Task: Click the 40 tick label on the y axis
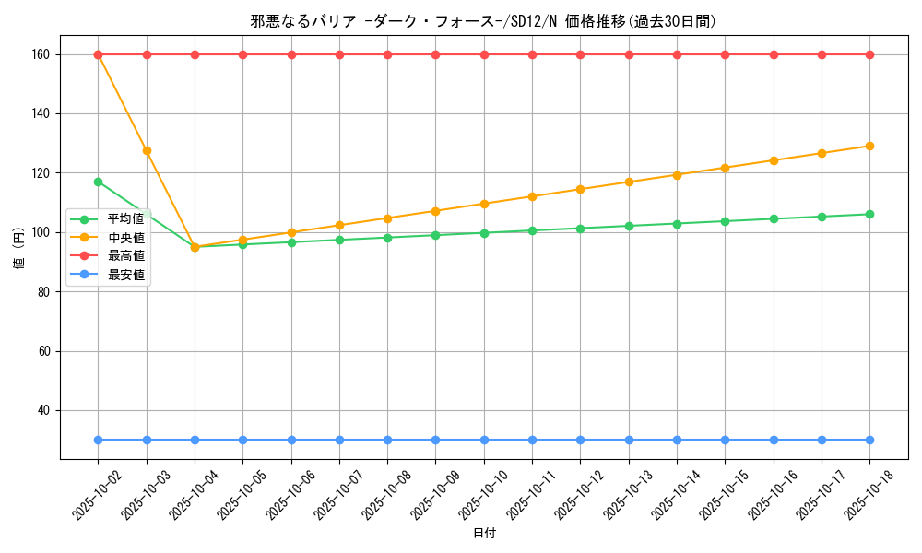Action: coord(42,410)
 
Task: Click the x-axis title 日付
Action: coord(484,534)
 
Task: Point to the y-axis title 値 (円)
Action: coord(18,249)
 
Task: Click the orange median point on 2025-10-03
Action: coord(147,150)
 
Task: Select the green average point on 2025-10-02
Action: coord(99,182)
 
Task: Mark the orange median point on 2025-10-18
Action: coord(869,146)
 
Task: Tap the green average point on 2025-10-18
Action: coord(869,214)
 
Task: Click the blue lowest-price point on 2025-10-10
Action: coord(484,440)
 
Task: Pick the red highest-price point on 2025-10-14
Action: coord(677,54)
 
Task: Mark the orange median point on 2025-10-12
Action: coord(580,189)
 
